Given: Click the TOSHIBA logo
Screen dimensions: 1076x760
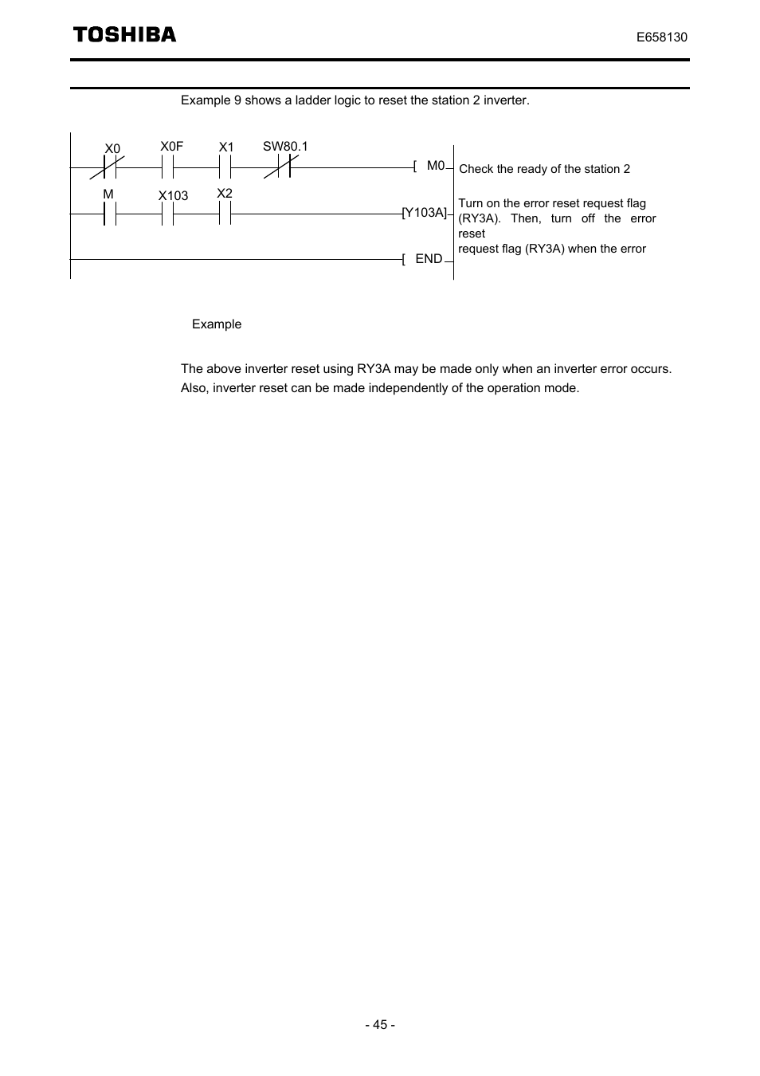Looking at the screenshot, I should [124, 34].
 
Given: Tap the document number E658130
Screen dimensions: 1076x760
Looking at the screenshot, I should [661, 37].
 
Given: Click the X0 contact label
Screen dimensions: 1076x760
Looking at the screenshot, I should [112, 149].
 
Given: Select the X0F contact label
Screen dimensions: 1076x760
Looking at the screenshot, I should [171, 146].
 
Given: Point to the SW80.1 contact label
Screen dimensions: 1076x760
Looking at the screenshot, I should [285, 146].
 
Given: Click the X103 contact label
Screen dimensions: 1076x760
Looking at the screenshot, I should [173, 195].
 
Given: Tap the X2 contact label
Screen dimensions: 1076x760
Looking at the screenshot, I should [225, 194].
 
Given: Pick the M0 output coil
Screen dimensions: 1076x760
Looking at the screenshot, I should [434, 166].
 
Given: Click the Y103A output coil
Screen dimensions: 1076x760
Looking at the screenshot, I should [425, 213].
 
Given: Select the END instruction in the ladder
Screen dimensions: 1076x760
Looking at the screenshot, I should [428, 258].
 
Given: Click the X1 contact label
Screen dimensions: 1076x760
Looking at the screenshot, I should [226, 147].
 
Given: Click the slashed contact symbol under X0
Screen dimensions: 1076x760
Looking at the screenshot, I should [110, 167].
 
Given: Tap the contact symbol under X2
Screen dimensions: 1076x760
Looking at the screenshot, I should [225, 214].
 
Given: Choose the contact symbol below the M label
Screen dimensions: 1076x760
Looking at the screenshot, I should [110, 214].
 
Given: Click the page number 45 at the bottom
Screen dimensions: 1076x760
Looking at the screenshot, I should [380, 1024].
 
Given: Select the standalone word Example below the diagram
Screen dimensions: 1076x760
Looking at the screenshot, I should [217, 324].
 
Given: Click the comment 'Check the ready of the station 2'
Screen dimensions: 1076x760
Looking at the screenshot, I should [544, 169].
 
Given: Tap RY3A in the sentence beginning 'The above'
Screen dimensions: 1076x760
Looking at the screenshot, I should [374, 369].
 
